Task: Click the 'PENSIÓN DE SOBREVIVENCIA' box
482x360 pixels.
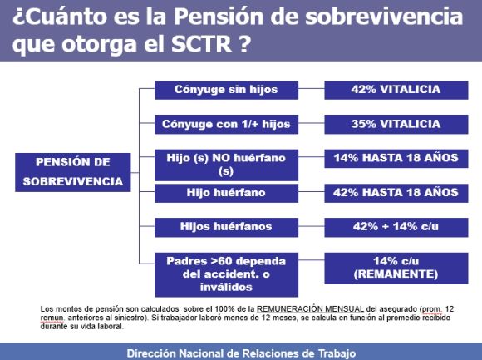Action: (73, 172)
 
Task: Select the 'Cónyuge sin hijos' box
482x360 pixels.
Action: (226, 90)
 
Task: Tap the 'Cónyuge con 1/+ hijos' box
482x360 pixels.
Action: (226, 124)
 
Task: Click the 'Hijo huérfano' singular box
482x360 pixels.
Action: (226, 193)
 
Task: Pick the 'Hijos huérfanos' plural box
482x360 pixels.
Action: (226, 226)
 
